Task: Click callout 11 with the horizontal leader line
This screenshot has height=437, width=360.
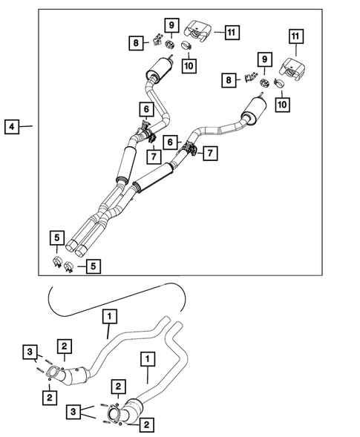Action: pos(232,31)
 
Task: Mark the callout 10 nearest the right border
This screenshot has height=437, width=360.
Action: pos(282,106)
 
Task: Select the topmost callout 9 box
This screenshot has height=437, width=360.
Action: pos(171,27)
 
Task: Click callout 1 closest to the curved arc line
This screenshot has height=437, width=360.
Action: pos(109,318)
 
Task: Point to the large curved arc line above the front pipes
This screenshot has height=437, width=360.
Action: pos(111,289)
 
